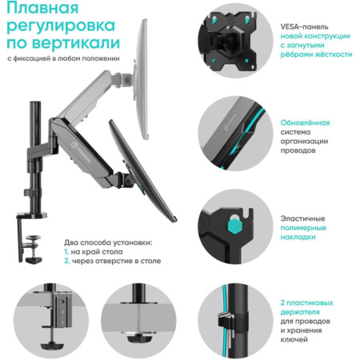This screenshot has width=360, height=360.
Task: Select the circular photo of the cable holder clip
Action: pyautogui.click(x=232, y=317)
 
